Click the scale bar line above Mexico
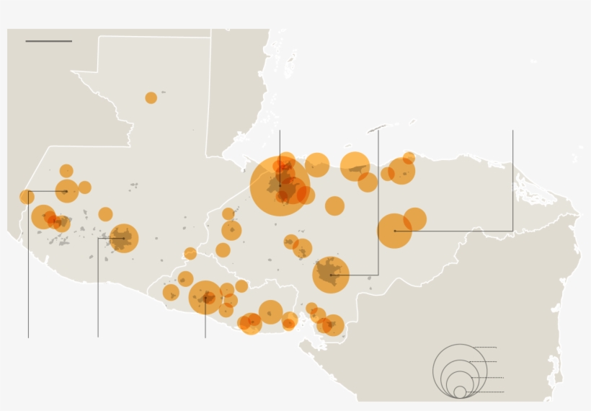48,41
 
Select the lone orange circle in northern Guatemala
151,98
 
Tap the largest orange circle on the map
280,186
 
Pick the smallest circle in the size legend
460,392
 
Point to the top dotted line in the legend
484,348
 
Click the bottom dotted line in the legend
486,392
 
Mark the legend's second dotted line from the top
483,362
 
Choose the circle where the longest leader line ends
394,231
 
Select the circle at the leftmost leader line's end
66,191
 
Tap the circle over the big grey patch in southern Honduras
331,275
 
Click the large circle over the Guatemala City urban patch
123,238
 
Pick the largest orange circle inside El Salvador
205,297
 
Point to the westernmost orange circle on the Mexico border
27,197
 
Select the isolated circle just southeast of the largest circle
334,206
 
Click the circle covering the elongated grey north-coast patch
355,167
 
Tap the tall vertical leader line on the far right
512,180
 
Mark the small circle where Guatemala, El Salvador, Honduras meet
190,254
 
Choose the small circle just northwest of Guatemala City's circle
105,214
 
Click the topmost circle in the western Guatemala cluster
66,171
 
